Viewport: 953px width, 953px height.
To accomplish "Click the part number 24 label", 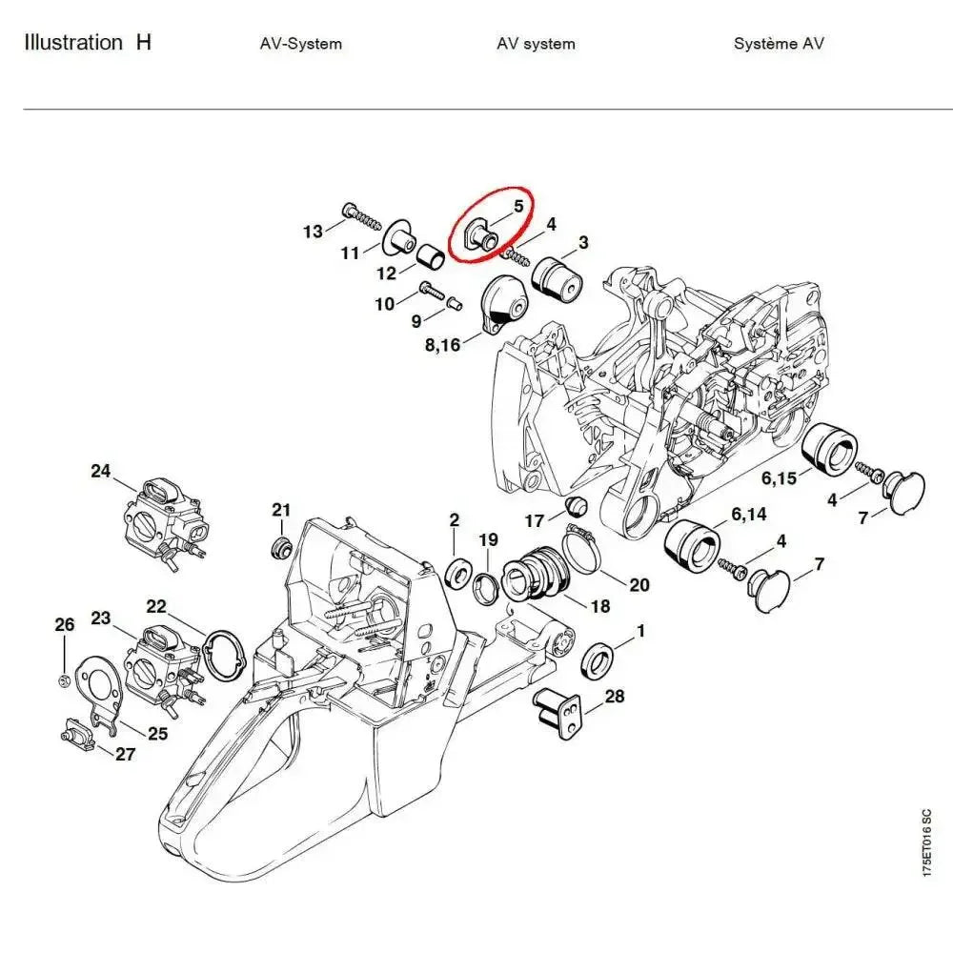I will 101,471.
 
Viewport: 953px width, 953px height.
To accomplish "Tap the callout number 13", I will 313,232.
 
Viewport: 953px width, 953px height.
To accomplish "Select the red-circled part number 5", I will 518,205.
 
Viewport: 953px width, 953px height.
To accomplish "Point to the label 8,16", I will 440,344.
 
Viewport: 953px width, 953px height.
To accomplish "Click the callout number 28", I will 615,697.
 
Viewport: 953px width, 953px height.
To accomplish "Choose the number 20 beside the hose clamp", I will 639,584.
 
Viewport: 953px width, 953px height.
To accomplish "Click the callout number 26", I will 64,625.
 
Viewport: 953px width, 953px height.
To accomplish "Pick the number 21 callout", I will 280,511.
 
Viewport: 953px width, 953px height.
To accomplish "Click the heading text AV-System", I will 300,44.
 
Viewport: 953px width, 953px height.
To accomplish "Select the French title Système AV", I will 779,44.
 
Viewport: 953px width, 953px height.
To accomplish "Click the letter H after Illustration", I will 143,43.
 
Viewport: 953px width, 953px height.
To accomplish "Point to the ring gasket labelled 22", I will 225,657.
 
